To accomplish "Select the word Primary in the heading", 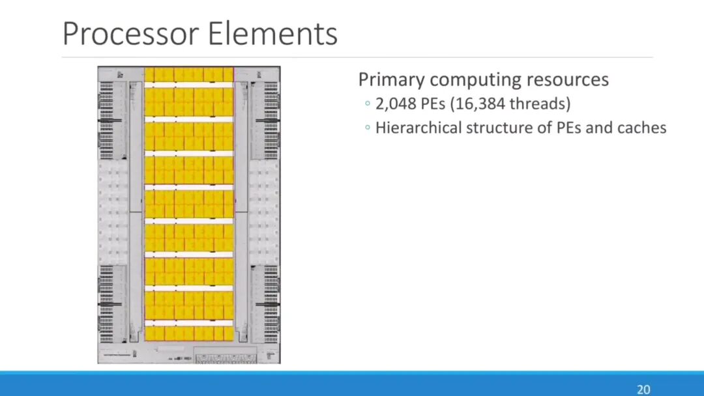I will tap(392, 80).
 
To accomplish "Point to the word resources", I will tap(568, 80).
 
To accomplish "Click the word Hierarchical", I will tap(418, 128).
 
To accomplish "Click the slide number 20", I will tap(643, 389).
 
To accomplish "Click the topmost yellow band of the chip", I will tap(188, 74).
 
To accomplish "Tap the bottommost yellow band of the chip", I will tap(188, 333).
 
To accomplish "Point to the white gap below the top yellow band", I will tap(188, 85).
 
